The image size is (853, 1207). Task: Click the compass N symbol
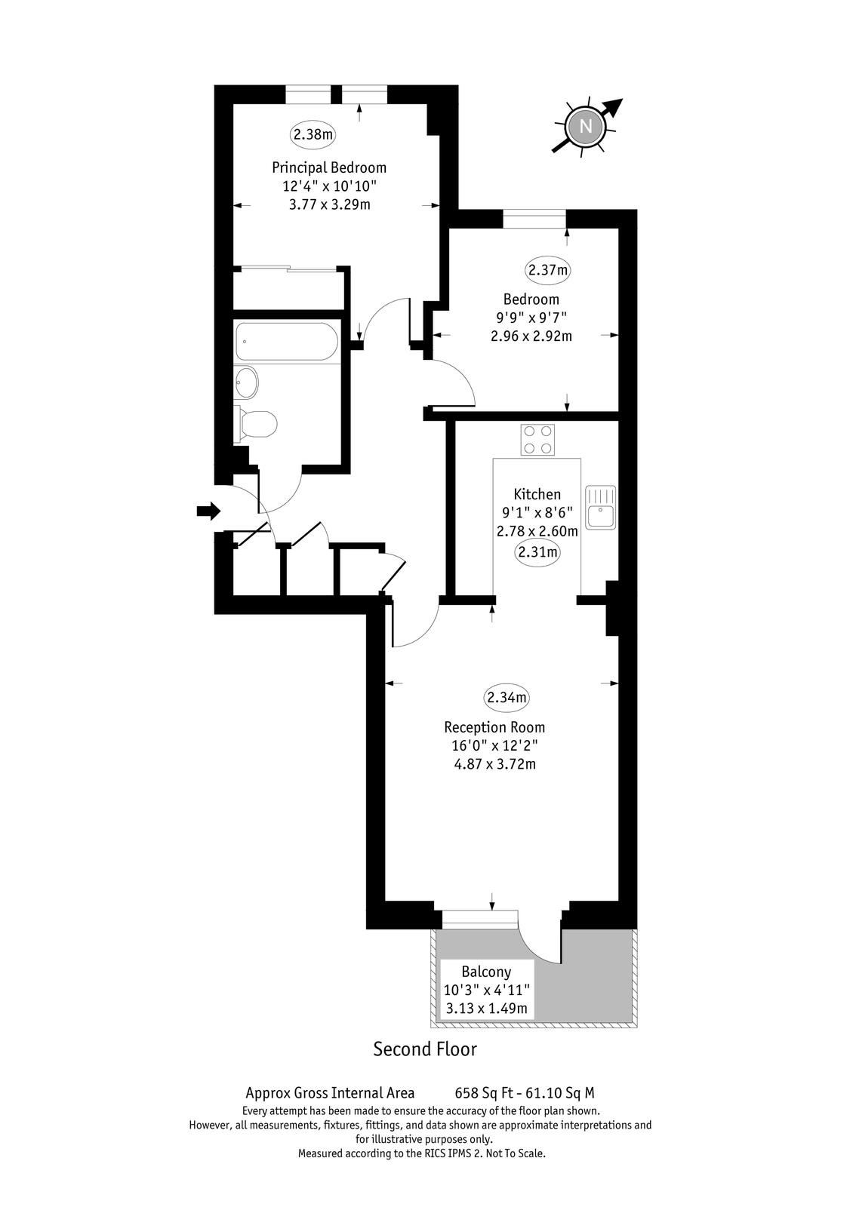coord(586,127)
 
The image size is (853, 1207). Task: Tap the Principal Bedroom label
coord(329,167)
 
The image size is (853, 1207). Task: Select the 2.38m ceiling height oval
coord(313,134)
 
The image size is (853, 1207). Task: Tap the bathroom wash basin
coord(247,382)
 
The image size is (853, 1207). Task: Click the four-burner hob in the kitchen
coord(537,439)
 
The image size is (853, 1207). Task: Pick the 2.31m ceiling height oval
coord(537,551)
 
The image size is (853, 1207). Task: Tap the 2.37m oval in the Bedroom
coord(548,270)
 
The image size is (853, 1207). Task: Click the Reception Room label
coord(494,727)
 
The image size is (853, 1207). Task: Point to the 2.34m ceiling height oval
coord(507,698)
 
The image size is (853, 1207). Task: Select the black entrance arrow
coord(208,510)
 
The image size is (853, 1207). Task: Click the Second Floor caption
coord(426,1049)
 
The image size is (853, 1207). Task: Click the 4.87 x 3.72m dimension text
coord(495,764)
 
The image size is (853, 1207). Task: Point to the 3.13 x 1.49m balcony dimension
coord(486,1008)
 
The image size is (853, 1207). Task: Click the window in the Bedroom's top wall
coord(535,219)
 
